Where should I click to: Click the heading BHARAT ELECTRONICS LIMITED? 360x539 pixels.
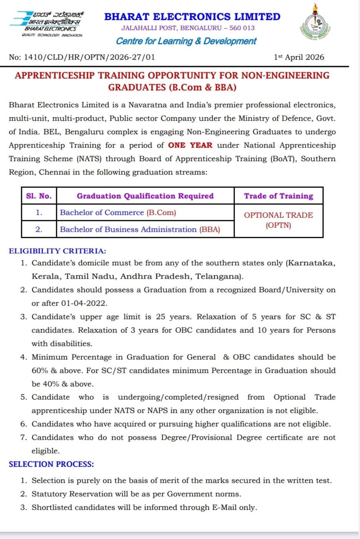tap(192, 17)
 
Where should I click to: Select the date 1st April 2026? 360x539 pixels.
tap(299, 57)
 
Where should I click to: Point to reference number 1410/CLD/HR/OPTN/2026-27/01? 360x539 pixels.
tap(82, 57)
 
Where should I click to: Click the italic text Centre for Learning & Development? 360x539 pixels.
tap(186, 41)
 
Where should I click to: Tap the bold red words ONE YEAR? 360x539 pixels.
tap(190, 145)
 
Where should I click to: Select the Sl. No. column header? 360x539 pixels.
tap(39, 196)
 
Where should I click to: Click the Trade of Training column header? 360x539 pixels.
tap(278, 196)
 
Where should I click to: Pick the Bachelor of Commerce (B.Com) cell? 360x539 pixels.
tap(118, 213)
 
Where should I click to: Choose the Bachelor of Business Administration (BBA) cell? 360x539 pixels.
tap(140, 230)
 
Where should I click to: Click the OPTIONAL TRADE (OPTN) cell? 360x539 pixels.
tap(278, 220)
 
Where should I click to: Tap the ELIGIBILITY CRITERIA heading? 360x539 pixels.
tap(57, 251)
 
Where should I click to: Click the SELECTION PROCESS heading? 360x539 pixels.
tap(51, 464)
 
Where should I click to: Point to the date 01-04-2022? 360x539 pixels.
tap(84, 303)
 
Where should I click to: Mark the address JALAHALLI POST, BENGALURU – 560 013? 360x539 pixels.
tap(188, 28)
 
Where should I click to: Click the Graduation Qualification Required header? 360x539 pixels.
tap(145, 196)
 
